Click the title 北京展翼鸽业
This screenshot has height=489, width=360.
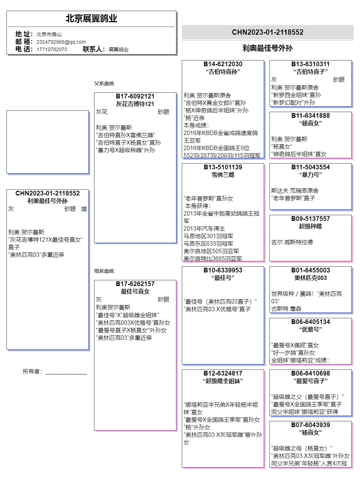click(91, 19)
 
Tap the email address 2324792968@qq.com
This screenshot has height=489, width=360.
click(61, 42)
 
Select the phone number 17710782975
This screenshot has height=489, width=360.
click(52, 49)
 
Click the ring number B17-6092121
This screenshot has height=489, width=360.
click(135, 96)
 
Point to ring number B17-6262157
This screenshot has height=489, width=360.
click(135, 284)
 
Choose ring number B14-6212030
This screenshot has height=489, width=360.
click(223, 64)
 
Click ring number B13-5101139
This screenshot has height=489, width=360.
click(223, 167)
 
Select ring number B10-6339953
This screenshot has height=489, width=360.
click(223, 270)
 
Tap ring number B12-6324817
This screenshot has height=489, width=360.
click(223, 373)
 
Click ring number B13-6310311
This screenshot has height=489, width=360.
click(310, 64)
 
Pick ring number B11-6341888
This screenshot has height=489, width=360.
click(310, 116)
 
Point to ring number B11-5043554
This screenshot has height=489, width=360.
click(310, 167)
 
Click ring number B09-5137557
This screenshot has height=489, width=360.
click(310, 219)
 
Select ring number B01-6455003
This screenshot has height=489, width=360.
click(310, 270)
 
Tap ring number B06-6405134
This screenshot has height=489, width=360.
click(310, 322)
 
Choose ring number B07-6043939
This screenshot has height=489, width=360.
click(310, 425)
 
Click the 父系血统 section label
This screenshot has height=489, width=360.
click(104, 83)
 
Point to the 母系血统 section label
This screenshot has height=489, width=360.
click(104, 271)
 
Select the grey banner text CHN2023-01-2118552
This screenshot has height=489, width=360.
click(267, 32)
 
